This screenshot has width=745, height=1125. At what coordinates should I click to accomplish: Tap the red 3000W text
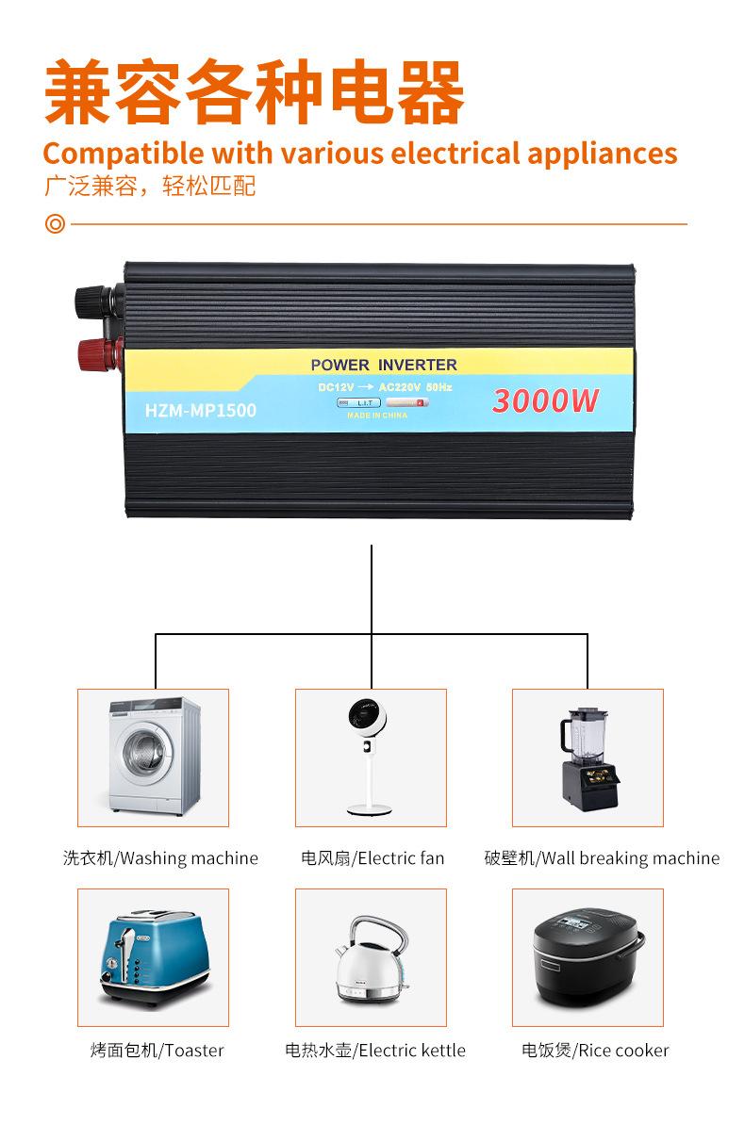point(545,400)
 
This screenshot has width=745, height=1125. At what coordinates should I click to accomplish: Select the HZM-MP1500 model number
point(201,410)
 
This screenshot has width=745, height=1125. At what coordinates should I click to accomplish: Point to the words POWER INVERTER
point(384,365)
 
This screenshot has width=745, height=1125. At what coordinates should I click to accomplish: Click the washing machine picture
point(154,757)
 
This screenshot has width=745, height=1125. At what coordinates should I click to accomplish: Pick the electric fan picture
point(371,757)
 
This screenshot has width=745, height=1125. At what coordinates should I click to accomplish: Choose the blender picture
point(588,757)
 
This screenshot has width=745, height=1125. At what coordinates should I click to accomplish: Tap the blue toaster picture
point(154,956)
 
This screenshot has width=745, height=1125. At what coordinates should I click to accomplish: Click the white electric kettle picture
point(371,956)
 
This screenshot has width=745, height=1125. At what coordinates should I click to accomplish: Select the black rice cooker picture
point(588,956)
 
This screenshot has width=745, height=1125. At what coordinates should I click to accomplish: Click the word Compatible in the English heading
point(123,153)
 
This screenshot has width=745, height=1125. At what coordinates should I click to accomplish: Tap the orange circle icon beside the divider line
point(55,225)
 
